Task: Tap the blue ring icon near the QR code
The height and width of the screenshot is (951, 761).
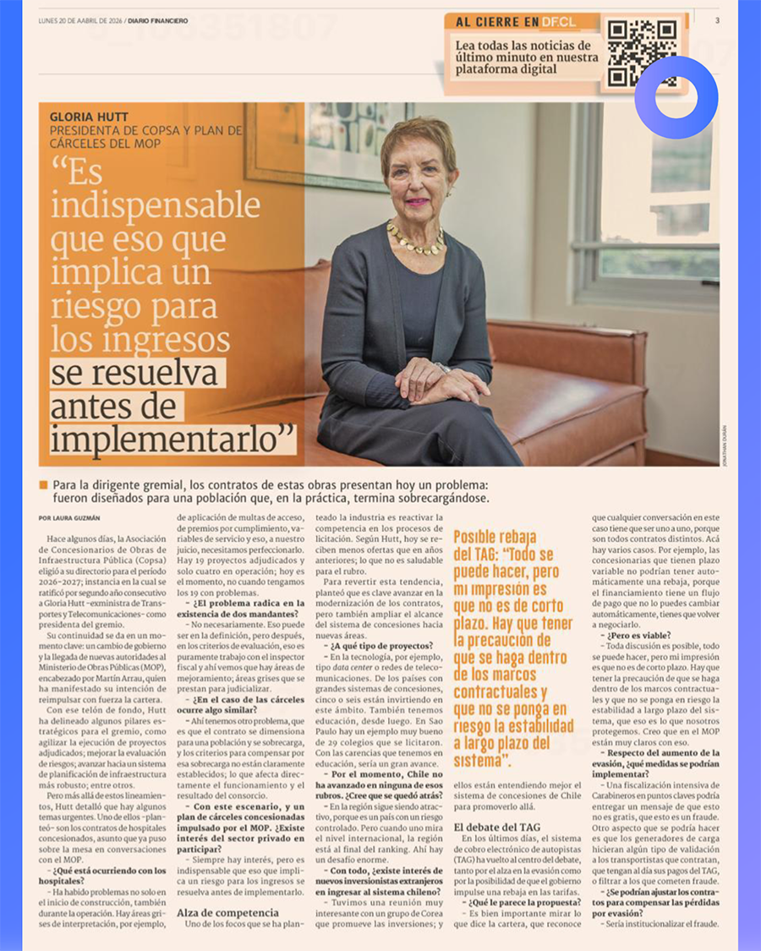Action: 676,98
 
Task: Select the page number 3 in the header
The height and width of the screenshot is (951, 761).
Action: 717,20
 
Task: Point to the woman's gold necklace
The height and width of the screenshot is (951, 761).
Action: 415,240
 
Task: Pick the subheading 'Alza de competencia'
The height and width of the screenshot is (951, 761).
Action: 227,912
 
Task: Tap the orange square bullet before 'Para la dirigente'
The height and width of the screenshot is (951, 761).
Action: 43,485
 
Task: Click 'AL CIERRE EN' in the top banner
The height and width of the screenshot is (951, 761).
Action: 496,21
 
